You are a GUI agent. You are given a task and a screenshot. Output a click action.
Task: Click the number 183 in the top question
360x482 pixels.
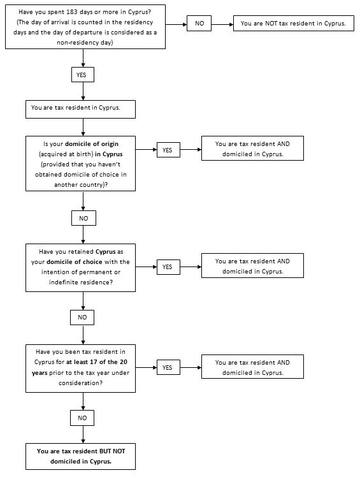tap(71, 12)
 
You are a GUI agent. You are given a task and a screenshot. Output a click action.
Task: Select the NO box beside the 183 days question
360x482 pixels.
tap(199, 24)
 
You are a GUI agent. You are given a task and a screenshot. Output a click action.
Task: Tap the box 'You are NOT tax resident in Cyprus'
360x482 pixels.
tap(294, 24)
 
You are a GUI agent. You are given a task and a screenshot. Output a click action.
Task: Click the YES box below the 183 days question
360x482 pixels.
tap(83, 75)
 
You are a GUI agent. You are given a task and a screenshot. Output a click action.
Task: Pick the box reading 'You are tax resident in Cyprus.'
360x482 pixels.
tap(80, 109)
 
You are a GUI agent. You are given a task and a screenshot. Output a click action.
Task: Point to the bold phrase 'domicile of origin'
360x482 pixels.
tap(92, 144)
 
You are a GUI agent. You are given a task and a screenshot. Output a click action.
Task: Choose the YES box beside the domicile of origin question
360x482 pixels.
tap(168, 150)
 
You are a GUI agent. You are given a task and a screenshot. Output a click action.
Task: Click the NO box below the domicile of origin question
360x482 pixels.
tap(83, 218)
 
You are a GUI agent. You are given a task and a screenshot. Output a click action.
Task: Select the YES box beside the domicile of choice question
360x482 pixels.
tap(168, 267)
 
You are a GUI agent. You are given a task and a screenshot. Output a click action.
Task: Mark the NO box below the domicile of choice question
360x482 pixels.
tap(82, 318)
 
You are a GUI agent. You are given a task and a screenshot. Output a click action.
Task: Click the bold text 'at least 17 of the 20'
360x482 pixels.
tap(96, 361)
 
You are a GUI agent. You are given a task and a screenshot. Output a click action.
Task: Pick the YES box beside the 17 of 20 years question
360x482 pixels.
tap(168, 367)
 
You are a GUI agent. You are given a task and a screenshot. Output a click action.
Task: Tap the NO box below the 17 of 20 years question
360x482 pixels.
tap(82, 418)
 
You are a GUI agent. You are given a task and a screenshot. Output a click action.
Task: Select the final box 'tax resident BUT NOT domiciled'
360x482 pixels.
tap(80, 456)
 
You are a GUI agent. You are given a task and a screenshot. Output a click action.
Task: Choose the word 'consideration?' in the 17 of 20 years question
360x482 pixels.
tap(80, 383)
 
